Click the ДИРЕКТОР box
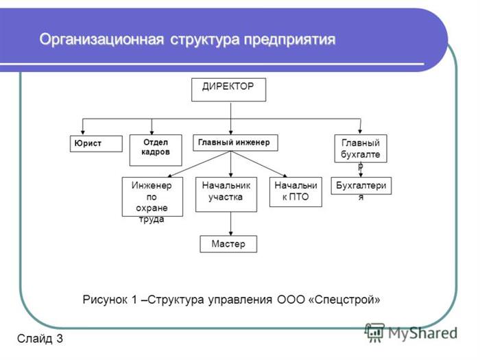[228, 90]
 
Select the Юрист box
[96, 144]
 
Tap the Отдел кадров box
[156, 150]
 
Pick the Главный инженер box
[235, 143]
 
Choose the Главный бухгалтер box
[361, 149]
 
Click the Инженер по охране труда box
[152, 197]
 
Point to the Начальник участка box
[226, 194]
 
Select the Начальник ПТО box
[296, 192]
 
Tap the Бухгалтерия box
[361, 186]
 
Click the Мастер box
[228, 244]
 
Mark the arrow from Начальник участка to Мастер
[231, 224]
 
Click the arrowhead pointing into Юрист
[83, 132]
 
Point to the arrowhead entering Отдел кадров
[152, 132]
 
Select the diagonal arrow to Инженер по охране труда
[199, 164]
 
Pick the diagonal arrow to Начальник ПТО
[259, 164]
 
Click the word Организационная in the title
[101, 40]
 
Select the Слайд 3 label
[40, 338]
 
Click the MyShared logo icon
[374, 333]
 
